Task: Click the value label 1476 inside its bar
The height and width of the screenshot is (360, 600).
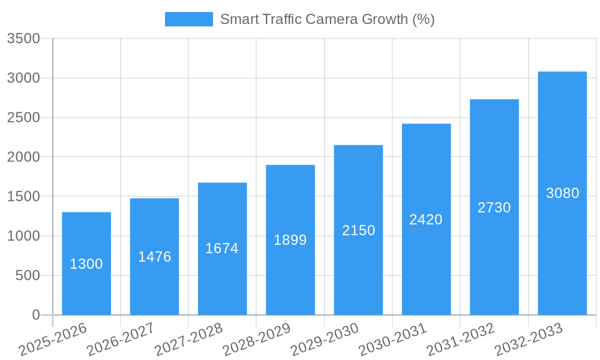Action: coord(155,257)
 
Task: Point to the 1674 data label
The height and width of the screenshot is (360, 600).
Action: coord(222,248)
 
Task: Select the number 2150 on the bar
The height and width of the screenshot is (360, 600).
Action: coord(359,230)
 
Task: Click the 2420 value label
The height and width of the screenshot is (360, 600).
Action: coord(426,220)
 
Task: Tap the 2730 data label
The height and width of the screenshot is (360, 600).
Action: coord(494,208)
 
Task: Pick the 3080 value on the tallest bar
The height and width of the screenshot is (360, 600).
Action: coord(562,193)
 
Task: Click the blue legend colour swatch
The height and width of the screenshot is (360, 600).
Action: coord(189,19)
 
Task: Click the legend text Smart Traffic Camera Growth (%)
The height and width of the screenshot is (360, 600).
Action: coord(327,19)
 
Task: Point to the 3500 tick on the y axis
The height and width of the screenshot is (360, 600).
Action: coord(23,39)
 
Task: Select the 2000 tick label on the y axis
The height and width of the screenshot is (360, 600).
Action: coord(23,157)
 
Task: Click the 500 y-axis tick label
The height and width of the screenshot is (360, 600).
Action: coord(28,275)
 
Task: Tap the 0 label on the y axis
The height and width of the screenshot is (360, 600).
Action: coord(36,315)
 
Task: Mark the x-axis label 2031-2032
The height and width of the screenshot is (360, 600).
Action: coord(461,339)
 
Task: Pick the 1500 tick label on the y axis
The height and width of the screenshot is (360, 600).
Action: coord(23,197)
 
